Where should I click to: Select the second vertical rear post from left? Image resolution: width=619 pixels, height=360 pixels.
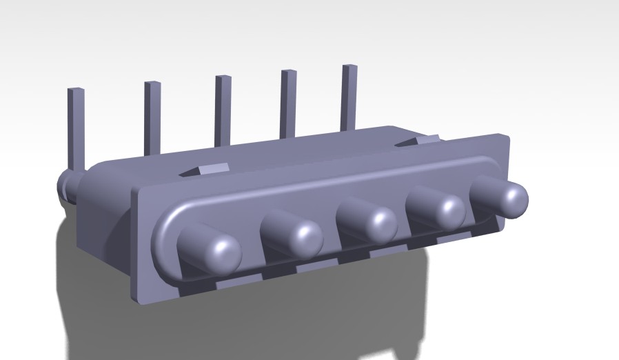tap(152, 117)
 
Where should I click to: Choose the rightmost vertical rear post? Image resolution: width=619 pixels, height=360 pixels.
tap(349, 96)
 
